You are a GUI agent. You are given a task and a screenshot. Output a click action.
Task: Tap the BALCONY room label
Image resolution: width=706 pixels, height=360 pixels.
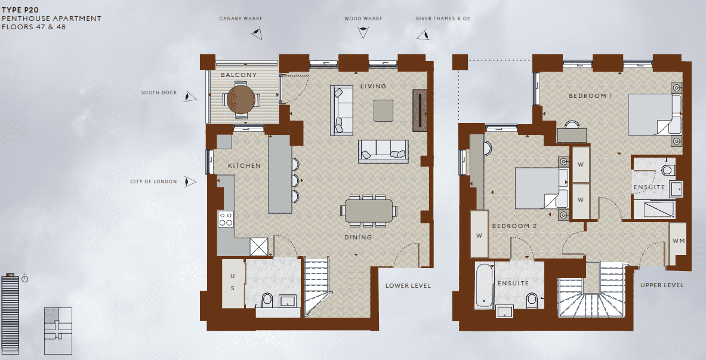pos(239,75)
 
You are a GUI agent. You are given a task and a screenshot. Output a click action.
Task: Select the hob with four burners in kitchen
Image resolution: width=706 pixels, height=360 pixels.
pos(226,219)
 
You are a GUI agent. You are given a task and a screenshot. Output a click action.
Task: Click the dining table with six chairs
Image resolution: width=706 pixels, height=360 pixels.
pos(369,211)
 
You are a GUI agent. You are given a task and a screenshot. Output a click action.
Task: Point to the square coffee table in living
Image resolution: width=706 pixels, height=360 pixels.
pos(383,109)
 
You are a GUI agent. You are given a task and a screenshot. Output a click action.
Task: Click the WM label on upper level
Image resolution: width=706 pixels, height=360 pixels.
pos(678,241)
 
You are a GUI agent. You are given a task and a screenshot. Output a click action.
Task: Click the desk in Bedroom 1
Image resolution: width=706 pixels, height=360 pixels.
pos(571,134)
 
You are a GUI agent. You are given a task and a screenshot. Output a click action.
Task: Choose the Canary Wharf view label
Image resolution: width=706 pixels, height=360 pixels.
pos(241,19)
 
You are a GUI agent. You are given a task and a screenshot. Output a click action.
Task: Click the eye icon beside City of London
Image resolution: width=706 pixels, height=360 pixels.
pos(190,181)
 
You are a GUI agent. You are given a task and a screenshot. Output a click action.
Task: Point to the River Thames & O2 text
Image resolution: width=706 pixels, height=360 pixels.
pos(443,19)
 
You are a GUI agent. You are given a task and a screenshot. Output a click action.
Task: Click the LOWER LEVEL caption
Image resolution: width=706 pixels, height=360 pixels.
pos(408,285)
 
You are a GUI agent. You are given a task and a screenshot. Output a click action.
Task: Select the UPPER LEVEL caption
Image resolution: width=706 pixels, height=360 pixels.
pos(662,285)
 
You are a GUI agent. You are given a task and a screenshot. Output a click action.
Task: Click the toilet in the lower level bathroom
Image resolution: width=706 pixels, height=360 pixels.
pos(267,300)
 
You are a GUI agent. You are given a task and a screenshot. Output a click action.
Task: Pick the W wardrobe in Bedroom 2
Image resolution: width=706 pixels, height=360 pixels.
pos(479,236)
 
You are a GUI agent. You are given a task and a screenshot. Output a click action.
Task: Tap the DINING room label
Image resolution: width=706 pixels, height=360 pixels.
pos(357,237)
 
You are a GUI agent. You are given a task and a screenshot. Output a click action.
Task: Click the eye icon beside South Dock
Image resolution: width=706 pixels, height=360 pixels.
pos(190,96)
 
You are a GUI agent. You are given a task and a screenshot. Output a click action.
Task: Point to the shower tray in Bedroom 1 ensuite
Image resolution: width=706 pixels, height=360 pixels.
pos(654,210)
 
